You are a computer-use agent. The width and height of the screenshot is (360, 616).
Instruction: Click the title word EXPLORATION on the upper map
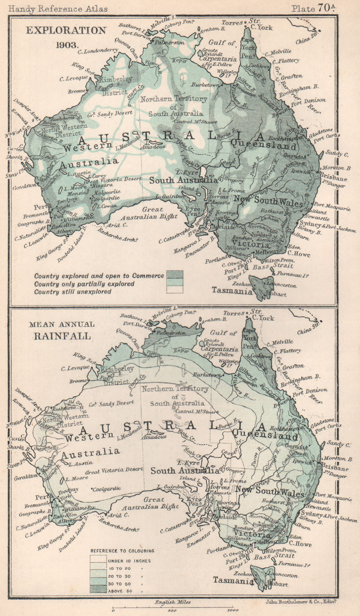(66, 30)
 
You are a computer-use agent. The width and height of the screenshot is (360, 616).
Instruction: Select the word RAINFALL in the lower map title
(62, 335)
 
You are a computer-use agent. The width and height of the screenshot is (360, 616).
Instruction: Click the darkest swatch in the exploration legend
(174, 276)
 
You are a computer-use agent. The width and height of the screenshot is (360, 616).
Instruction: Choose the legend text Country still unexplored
(73, 292)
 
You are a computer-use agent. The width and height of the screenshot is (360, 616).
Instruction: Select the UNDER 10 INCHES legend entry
(129, 561)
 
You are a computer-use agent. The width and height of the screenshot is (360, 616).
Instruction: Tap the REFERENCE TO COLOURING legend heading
(122, 551)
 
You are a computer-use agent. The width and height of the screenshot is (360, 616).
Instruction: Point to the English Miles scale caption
(172, 602)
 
